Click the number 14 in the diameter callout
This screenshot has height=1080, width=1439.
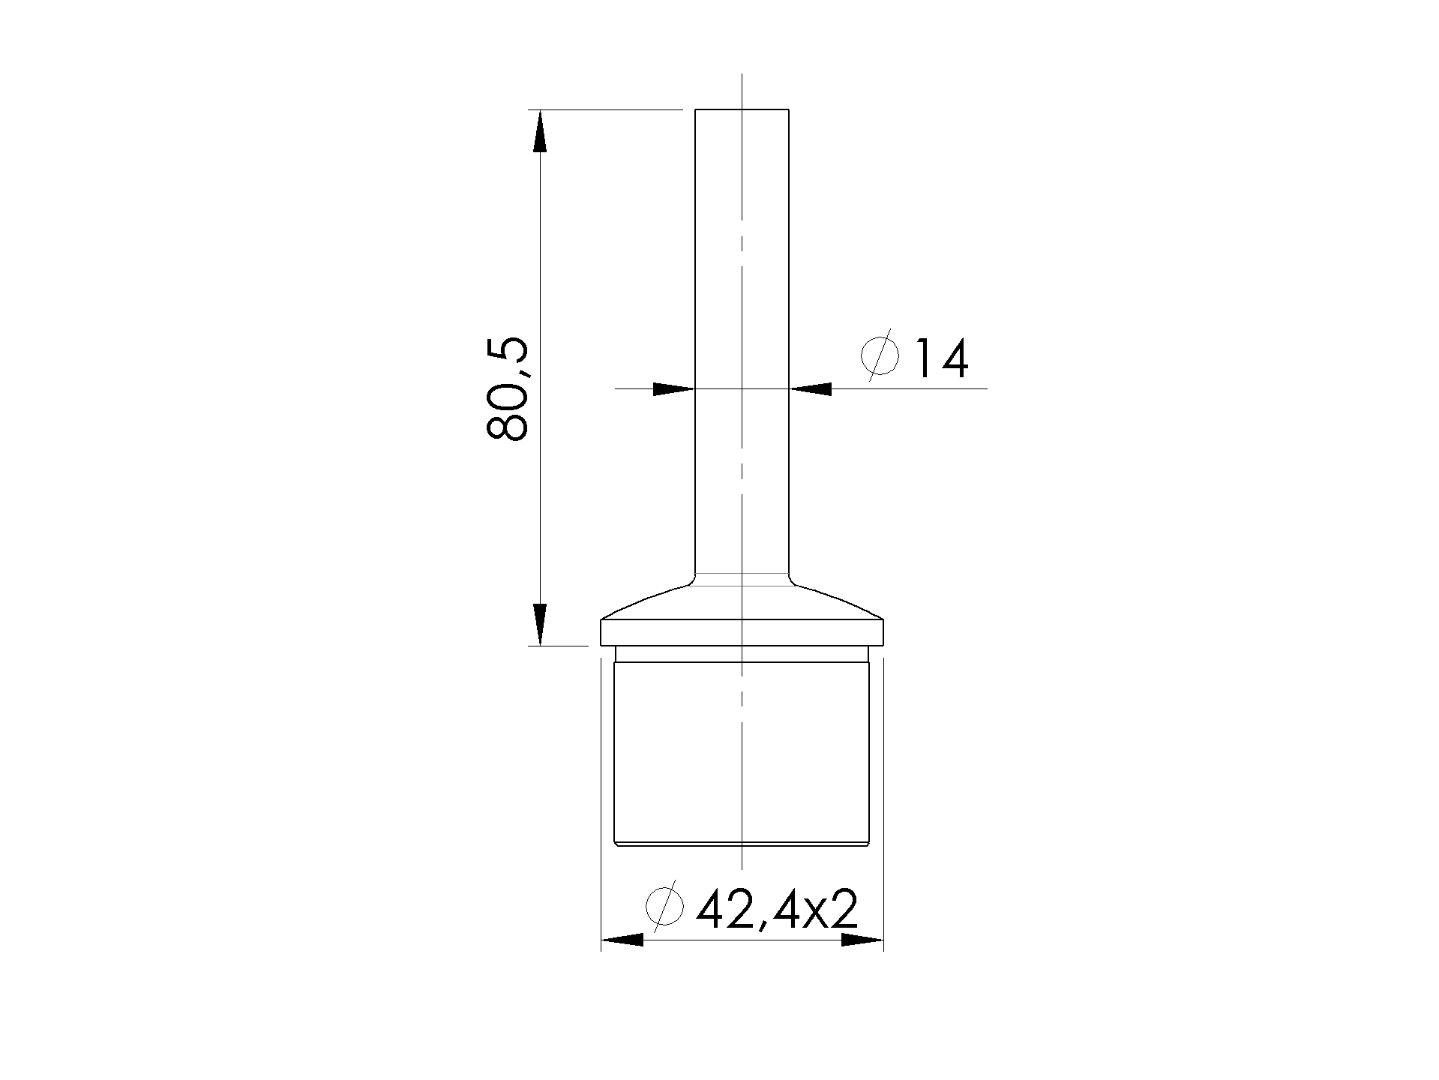(941, 358)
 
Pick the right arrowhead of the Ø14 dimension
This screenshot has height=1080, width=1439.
(811, 388)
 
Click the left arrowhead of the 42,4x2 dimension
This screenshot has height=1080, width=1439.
(622, 940)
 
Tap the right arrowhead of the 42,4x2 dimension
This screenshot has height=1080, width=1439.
(862, 940)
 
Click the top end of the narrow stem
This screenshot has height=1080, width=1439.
(742, 111)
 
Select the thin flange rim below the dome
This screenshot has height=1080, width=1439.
(742, 632)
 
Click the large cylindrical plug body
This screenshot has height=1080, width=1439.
(742, 750)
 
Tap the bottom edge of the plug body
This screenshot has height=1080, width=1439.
(742, 844)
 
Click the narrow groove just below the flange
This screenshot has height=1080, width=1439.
(742, 653)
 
